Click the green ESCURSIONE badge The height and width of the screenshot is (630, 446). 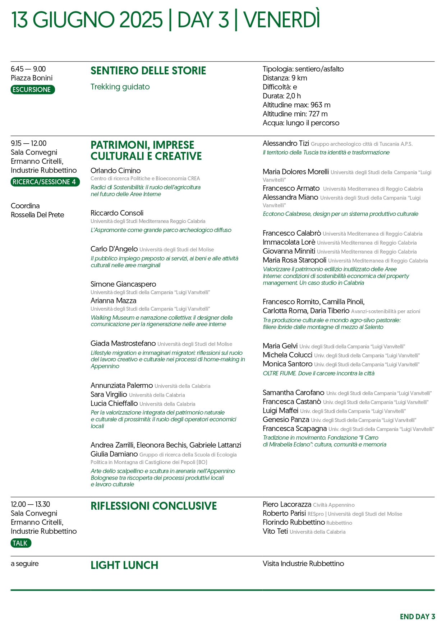33,89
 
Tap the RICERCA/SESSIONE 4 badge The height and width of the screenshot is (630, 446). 45,182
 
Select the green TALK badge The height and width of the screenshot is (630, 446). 21,543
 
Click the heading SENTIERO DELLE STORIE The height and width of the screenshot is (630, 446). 148,71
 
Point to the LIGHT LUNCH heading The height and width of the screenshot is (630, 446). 124,565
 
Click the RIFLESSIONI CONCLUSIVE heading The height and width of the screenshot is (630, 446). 153,506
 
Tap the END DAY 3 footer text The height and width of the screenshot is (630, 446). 417,617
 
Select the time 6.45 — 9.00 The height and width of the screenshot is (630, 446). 28,69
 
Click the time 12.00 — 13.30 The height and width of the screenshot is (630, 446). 31,504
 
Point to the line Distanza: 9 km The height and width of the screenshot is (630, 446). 285,78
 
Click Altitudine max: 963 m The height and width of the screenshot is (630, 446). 296,105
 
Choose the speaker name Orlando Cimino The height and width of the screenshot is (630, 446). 115,171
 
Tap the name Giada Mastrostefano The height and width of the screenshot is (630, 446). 123,344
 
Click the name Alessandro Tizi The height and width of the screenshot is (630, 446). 286,143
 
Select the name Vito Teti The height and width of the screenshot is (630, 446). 275,531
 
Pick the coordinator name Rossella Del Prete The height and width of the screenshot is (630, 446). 37,215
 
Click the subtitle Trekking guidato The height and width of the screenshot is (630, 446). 120,87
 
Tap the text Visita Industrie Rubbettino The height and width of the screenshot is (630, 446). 303,564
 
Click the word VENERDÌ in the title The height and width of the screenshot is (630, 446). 281,20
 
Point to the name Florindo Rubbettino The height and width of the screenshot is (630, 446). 294,522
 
